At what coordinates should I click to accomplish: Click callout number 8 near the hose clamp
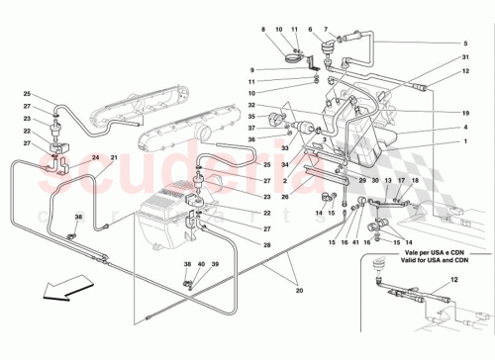pyautogui.click(x=263, y=31)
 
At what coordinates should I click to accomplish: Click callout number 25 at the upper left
pyautogui.click(x=28, y=93)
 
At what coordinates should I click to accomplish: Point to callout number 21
pyautogui.click(x=113, y=158)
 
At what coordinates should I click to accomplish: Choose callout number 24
pyautogui.click(x=96, y=158)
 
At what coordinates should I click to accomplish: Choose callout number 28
pyautogui.click(x=266, y=244)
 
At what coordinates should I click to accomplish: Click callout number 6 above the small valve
pyautogui.click(x=311, y=31)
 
